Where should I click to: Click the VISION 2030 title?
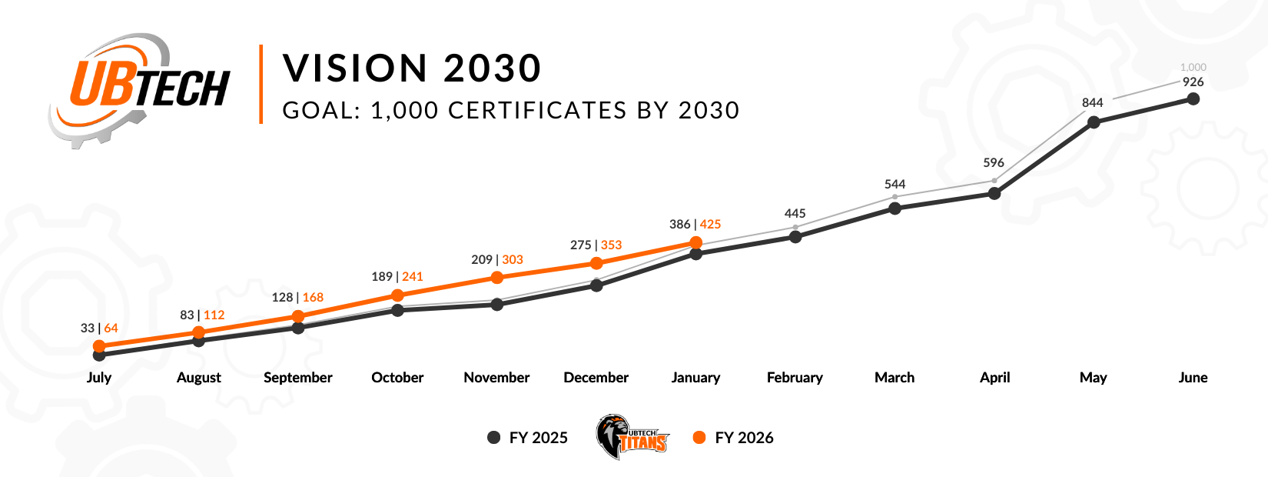[412, 68]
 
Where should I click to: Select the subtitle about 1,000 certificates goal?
[511, 111]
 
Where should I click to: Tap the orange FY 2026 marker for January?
[696, 242]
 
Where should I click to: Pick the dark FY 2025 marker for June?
[1193, 98]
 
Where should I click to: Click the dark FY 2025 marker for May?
[1094, 122]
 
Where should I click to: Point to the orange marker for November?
[497, 277]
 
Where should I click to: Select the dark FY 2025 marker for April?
[994, 193]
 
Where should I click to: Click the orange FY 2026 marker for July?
[99, 346]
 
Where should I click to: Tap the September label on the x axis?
[298, 378]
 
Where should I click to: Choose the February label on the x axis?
[795, 378]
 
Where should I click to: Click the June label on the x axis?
[1193, 378]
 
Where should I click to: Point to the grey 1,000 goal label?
[1193, 68]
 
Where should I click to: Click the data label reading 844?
[1093, 102]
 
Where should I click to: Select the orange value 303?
[513, 260]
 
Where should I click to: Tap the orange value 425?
[711, 225]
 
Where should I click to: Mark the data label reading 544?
[895, 185]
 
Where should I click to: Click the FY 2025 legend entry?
[529, 438]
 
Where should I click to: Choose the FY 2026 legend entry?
[734, 438]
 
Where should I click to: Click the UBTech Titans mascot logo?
[632, 438]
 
